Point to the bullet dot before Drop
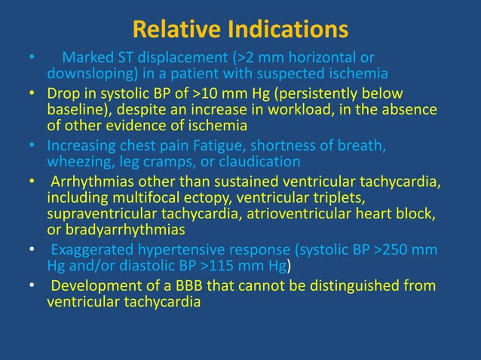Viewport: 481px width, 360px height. point(31,94)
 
